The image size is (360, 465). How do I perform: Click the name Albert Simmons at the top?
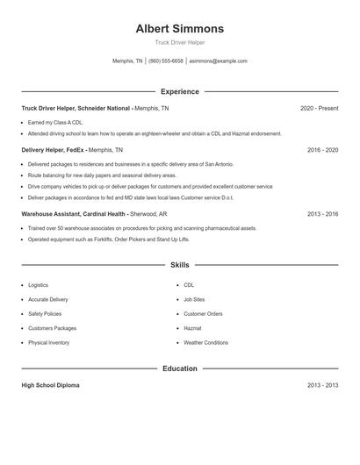(x=180, y=28)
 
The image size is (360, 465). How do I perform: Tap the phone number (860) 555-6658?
(x=166, y=61)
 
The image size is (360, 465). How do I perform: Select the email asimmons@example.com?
(x=219, y=61)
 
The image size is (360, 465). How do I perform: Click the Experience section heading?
(x=180, y=91)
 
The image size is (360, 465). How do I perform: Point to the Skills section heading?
(x=180, y=264)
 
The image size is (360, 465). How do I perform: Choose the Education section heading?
(x=180, y=368)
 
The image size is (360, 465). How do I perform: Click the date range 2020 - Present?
(x=319, y=108)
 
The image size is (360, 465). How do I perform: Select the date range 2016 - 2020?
(x=322, y=150)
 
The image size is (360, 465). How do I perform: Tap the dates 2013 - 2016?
(x=322, y=213)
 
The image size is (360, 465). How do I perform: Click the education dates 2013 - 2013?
(x=322, y=385)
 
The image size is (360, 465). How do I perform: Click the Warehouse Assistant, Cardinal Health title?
(x=74, y=213)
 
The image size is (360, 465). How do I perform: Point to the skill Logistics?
(x=39, y=285)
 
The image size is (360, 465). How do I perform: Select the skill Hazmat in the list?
(x=192, y=328)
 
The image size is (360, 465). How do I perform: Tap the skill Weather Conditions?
(x=205, y=342)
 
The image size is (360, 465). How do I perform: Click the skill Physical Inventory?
(x=49, y=342)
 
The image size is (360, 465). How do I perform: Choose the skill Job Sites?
(x=194, y=299)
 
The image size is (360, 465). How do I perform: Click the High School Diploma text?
(x=51, y=385)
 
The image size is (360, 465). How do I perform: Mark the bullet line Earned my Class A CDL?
(x=55, y=122)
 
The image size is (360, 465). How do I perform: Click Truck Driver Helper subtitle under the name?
(x=180, y=42)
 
